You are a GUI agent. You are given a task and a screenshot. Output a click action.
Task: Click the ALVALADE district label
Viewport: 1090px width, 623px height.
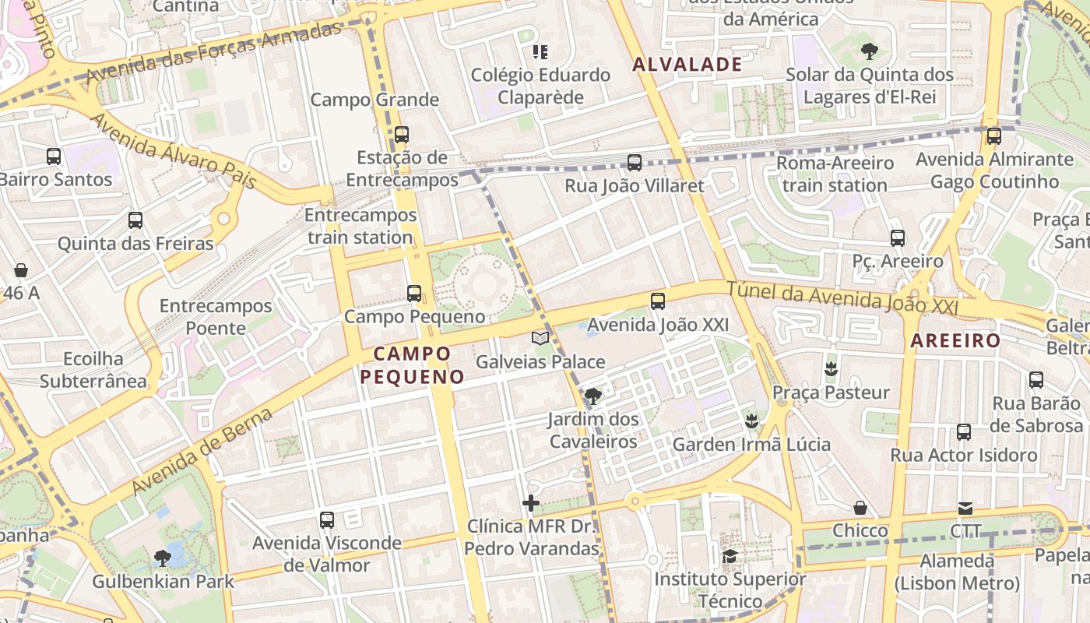tap(687, 65)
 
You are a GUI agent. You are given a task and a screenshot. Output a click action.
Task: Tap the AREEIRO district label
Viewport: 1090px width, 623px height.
tap(955, 340)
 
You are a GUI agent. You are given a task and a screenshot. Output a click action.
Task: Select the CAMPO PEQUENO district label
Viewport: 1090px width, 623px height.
tap(412, 365)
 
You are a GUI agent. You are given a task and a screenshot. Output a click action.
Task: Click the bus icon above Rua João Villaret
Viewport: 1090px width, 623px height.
tap(635, 163)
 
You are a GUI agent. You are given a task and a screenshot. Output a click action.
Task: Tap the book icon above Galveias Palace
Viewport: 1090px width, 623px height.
tap(540, 338)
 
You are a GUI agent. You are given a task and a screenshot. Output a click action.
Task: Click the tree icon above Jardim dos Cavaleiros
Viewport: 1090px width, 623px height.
tap(593, 396)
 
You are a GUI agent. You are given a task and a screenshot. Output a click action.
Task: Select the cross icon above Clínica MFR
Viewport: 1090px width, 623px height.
tap(532, 503)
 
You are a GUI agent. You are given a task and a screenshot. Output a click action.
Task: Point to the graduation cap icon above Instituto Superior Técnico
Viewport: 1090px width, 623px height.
tap(730, 556)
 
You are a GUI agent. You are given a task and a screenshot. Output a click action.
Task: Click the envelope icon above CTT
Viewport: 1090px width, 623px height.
tap(965, 509)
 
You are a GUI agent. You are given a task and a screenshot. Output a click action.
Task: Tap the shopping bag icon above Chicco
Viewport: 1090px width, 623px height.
tap(860, 508)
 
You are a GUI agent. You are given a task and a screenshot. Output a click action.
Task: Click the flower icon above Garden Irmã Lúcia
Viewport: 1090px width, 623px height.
tap(751, 421)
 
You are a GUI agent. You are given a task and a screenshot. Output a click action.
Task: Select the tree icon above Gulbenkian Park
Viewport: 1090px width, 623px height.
tap(163, 558)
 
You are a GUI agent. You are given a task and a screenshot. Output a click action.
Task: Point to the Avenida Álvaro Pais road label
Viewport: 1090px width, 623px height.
tap(174, 153)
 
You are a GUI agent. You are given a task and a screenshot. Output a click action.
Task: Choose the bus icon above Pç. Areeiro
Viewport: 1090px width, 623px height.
tap(898, 238)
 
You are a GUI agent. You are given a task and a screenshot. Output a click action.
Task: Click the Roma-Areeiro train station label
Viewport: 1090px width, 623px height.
tap(835, 174)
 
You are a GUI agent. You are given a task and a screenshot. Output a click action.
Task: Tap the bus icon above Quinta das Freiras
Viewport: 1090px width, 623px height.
tap(135, 220)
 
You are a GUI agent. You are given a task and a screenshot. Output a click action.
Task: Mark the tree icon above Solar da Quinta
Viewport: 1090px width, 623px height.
tap(870, 51)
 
